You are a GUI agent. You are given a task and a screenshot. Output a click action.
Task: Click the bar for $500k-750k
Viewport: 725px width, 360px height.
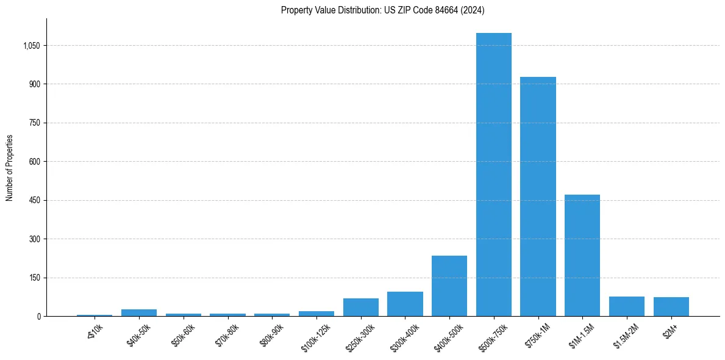pos(493,175)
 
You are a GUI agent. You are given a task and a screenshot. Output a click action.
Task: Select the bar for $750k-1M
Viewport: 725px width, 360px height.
pos(538,196)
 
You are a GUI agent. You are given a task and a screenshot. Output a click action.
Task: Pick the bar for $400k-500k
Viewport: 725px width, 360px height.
pos(449,286)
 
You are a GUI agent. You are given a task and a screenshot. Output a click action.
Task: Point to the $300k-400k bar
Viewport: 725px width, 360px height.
pos(405,304)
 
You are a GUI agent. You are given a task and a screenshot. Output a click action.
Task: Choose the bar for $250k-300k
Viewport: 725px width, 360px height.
pos(360,307)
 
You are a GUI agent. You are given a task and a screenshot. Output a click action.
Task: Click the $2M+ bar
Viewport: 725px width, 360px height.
pos(671,306)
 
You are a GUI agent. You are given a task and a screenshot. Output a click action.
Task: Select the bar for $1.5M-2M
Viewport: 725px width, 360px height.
pos(626,306)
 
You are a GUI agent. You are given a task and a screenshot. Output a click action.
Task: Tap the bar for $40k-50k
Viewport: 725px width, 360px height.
pos(139,312)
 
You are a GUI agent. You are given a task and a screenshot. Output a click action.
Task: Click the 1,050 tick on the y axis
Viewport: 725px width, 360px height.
pos(31,46)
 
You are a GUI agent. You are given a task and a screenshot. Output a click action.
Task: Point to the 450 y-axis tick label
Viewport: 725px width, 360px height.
pos(35,200)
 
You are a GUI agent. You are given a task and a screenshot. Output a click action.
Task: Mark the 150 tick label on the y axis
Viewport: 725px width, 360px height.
pos(35,278)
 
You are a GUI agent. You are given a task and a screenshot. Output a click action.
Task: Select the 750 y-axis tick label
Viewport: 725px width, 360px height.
pos(35,123)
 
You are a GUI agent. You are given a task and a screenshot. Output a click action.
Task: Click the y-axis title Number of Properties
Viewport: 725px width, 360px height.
pos(9,168)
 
